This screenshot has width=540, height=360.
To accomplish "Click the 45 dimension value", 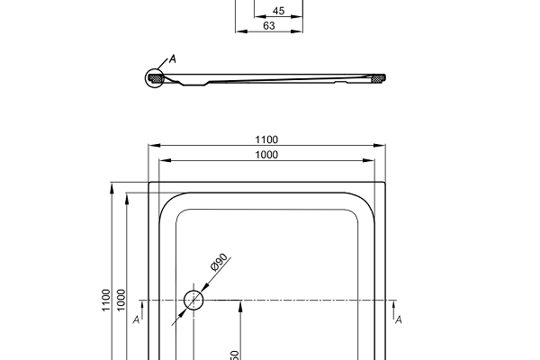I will pyautogui.click(x=278, y=12).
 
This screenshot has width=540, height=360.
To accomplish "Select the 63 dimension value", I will pyautogui.click(x=268, y=26).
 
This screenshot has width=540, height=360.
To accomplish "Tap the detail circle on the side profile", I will pyautogui.click(x=157, y=78).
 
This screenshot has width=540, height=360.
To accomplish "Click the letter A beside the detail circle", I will pyautogui.click(x=173, y=59).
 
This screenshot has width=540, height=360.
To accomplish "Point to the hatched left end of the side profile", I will pyautogui.click(x=157, y=79).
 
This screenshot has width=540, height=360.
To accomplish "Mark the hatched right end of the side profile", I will pyautogui.click(x=378, y=79).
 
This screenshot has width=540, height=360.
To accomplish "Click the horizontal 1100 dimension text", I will pyautogui.click(x=266, y=139).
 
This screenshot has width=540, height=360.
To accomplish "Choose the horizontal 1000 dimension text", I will pyautogui.click(x=266, y=155).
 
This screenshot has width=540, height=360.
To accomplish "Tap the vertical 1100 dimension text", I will pyautogui.click(x=106, y=300).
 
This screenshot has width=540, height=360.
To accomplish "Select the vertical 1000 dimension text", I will pyautogui.click(x=121, y=300).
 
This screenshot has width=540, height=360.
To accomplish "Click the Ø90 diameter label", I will pyautogui.click(x=217, y=263).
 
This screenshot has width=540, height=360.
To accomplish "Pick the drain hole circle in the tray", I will pyautogui.click(x=193, y=300).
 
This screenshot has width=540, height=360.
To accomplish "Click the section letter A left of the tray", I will pyautogui.click(x=135, y=319).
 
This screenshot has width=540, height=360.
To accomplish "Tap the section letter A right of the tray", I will pyautogui.click(x=398, y=319).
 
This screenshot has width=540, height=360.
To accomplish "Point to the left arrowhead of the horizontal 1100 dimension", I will pyautogui.click(x=152, y=145).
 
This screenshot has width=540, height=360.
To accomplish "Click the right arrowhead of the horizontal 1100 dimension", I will pyautogui.click(x=381, y=145).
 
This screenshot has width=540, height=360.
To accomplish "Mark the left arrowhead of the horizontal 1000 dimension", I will pyautogui.click(x=163, y=160).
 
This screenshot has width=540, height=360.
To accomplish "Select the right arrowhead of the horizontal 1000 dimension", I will pyautogui.click(x=371, y=160).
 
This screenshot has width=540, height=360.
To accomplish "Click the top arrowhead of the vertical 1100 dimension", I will pyautogui.click(x=112, y=186).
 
